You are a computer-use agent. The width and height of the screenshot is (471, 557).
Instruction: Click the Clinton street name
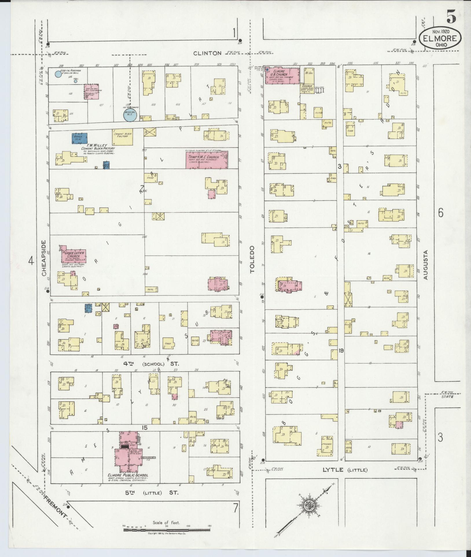click(207, 53)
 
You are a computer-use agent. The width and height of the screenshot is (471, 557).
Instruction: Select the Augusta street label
click(425, 265)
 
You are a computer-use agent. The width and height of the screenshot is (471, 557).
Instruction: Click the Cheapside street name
click(44, 258)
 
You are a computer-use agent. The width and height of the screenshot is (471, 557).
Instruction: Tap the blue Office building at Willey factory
click(79, 138)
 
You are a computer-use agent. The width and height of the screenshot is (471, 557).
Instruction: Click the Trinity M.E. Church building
click(206, 160)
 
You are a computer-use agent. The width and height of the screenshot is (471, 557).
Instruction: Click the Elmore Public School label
click(128, 475)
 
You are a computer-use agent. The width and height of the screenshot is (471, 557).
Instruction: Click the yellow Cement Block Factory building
click(123, 137)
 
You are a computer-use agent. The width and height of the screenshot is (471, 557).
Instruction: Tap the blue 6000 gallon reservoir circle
click(58, 74)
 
